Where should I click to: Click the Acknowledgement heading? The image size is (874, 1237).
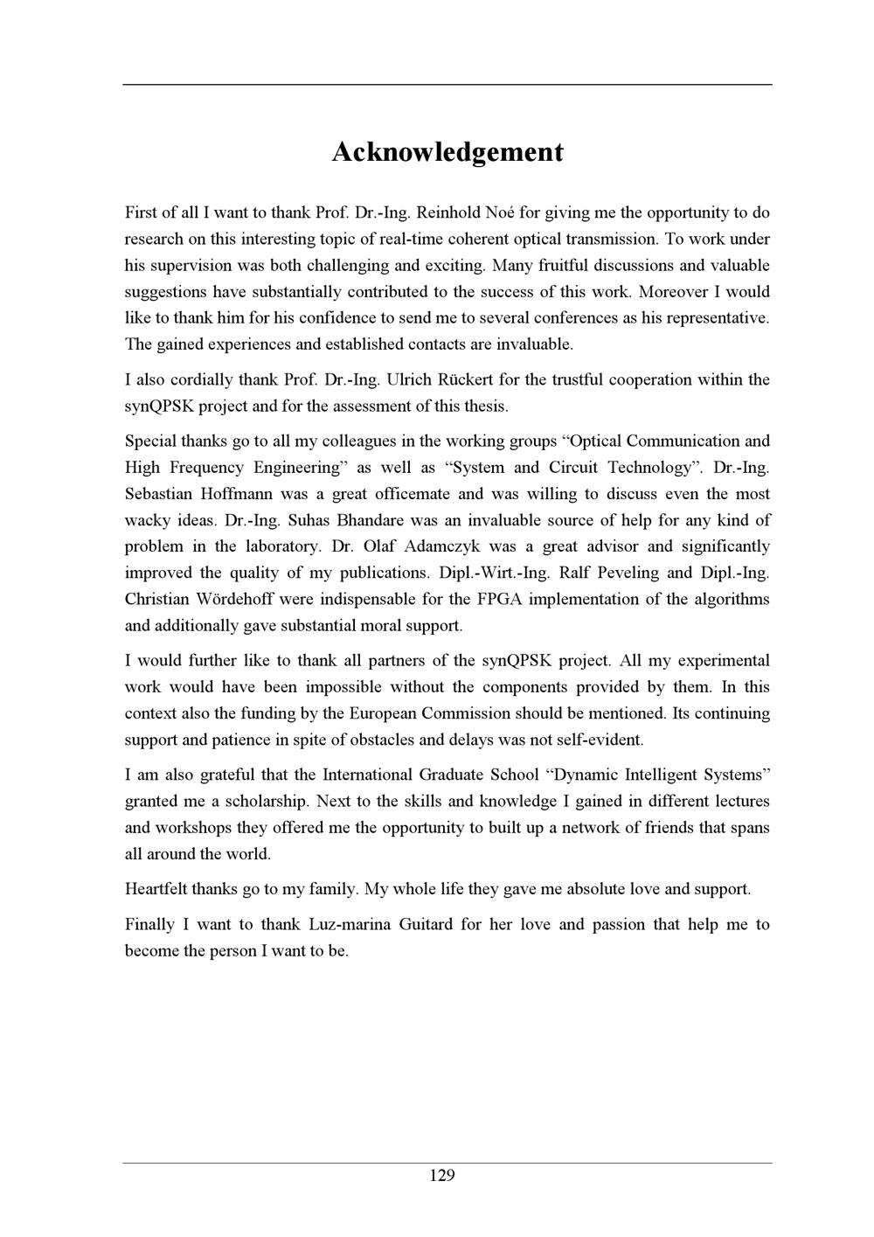(x=447, y=152)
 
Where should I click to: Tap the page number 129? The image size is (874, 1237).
(x=442, y=1175)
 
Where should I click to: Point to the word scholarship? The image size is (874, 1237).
(x=266, y=801)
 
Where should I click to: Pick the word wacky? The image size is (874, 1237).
(x=146, y=520)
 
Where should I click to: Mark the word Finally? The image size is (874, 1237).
(x=149, y=924)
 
